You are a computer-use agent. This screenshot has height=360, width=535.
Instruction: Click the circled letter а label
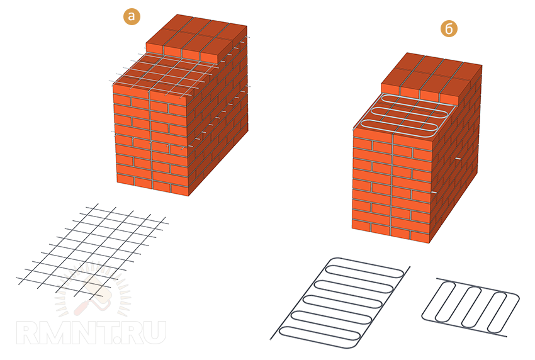[x=132, y=16]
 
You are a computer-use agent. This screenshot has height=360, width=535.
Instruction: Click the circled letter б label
[x=449, y=29]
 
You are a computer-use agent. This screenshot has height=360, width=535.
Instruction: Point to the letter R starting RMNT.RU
[x=28, y=333]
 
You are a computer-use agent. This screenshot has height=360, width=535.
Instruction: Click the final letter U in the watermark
[x=154, y=333]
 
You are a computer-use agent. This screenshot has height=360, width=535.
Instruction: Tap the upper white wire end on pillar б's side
[x=458, y=159]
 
